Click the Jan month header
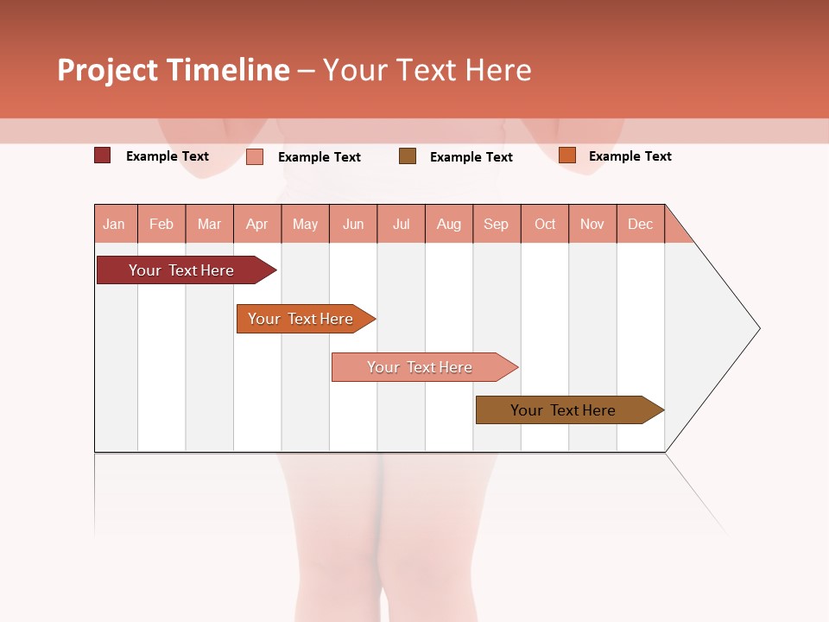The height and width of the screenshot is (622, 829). (x=114, y=224)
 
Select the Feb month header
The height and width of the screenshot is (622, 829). (x=161, y=224)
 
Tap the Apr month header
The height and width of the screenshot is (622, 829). (x=256, y=224)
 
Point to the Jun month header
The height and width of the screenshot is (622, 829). (x=353, y=224)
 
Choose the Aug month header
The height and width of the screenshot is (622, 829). (x=448, y=224)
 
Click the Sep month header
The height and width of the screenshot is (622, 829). (x=496, y=224)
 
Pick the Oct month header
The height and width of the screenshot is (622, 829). (x=545, y=224)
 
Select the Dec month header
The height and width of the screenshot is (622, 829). (x=640, y=224)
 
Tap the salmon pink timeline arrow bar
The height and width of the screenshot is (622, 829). (x=421, y=367)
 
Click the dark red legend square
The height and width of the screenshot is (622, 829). (x=103, y=155)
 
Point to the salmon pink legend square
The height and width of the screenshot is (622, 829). (x=255, y=156)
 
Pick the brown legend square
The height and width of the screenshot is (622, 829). (x=408, y=156)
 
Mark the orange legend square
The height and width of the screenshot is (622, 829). (x=566, y=155)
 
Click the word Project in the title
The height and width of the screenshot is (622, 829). (x=107, y=70)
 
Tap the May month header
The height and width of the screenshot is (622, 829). (x=305, y=224)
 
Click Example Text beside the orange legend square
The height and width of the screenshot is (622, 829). (x=630, y=156)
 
